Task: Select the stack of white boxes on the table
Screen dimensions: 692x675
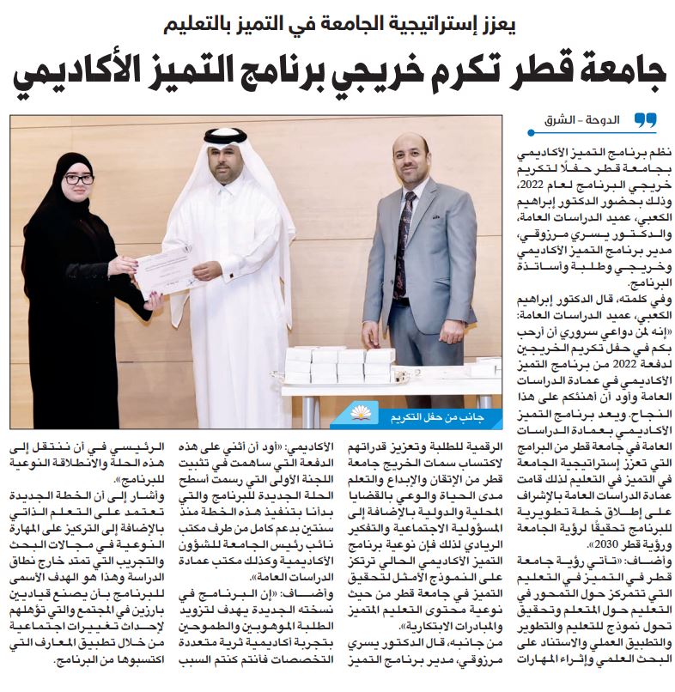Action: pyautogui.click(x=339, y=364)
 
